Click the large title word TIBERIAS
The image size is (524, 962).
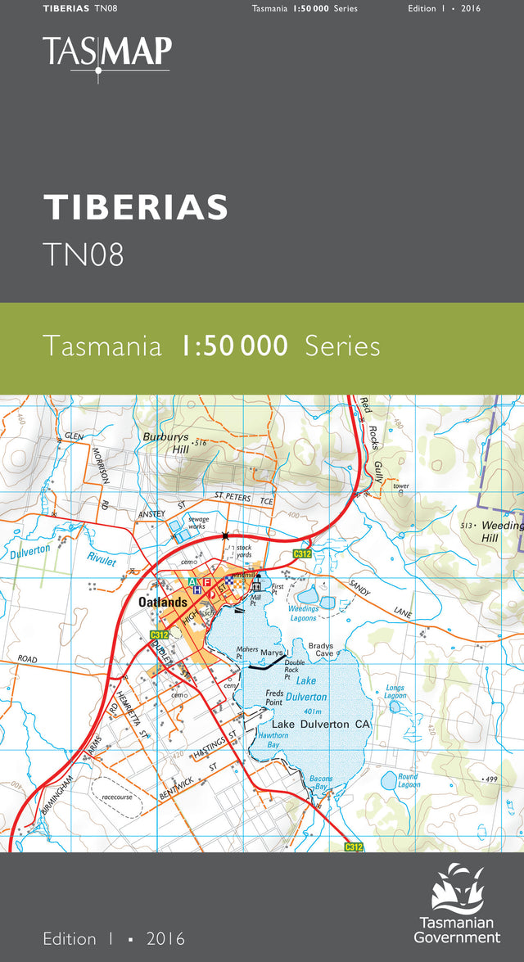pyautogui.click(x=136, y=208)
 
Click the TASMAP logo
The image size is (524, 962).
pyautogui.click(x=107, y=54)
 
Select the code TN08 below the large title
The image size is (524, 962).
pyautogui.click(x=84, y=255)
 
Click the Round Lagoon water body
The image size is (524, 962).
pyautogui.click(x=390, y=782)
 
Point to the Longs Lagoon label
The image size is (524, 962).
pyautogui.click(x=395, y=692)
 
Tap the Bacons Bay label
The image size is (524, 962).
pyautogui.click(x=321, y=782)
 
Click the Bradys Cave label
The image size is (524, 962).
pyautogui.click(x=321, y=650)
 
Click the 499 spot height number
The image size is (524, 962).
pyautogui.click(x=490, y=779)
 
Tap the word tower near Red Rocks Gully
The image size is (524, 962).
pyautogui.click(x=400, y=486)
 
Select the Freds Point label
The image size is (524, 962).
pyautogui.click(x=274, y=698)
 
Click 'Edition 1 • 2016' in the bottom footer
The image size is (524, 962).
pyautogui.click(x=114, y=938)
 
